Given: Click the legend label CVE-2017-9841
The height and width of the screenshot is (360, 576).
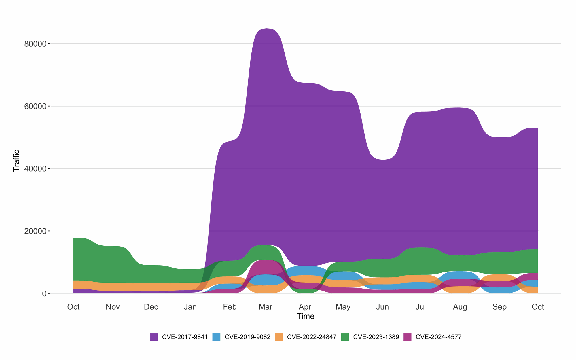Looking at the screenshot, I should coord(185,337).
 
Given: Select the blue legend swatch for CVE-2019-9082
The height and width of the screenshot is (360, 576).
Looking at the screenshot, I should coord(216,337).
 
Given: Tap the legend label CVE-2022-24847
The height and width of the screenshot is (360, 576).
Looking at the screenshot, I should coord(312,337).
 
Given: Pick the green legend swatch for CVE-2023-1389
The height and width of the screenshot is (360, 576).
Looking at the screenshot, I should coord(345,337).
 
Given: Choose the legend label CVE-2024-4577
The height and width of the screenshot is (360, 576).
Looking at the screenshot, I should coord(438,337).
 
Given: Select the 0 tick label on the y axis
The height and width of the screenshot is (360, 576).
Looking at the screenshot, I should coord(44,294).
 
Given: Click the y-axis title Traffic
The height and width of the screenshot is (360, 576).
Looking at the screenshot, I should coord(16,161).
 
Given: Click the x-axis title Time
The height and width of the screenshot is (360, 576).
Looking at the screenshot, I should coord(305,316).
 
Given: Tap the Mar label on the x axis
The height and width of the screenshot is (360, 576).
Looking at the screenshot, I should coord(265,307).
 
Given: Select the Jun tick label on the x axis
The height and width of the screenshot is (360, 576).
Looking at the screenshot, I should coord(382,307).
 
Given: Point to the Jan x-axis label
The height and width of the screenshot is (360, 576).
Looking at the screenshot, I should coord(190,307).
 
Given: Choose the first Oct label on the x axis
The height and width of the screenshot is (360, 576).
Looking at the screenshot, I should coord(73,307).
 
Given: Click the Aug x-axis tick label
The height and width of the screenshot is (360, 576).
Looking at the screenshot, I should coord(460,307).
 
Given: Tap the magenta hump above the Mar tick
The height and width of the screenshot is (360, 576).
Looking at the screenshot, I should coord(265,266).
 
